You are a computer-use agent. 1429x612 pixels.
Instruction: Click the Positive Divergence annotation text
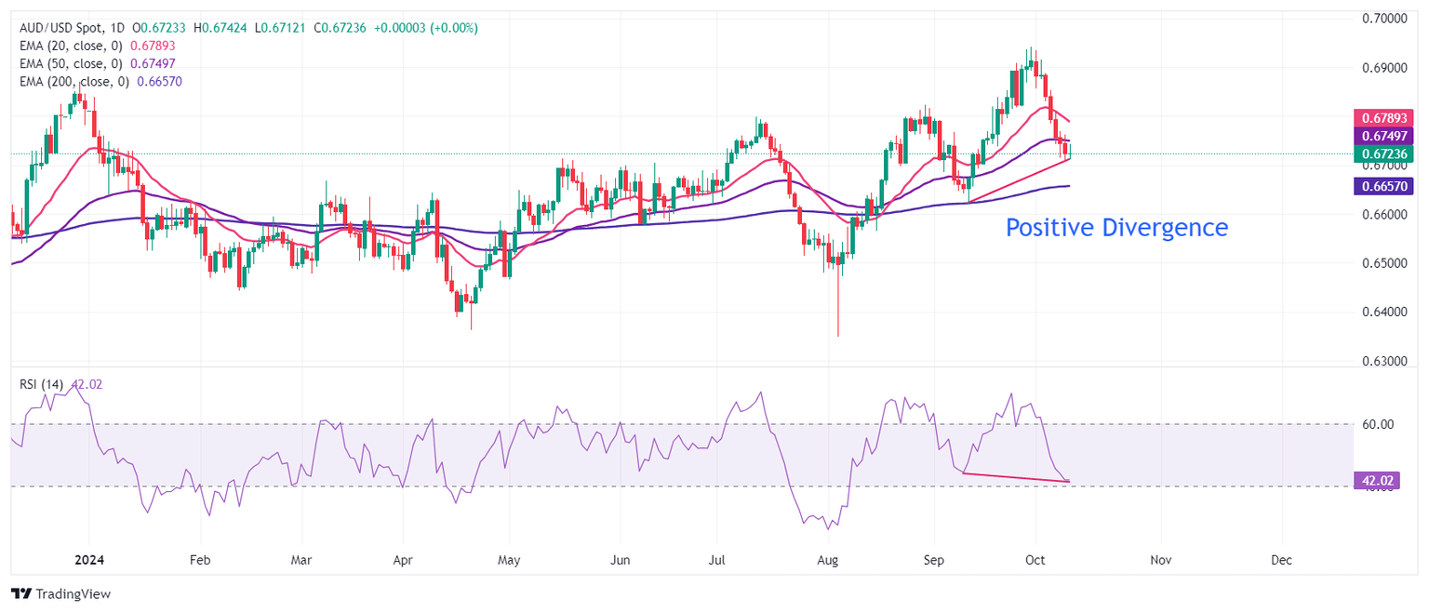point(1116,227)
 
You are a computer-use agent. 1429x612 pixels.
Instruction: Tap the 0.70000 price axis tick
point(1383,19)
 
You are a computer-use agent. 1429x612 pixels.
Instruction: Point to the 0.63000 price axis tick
point(1383,361)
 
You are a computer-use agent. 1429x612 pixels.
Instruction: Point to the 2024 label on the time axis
point(87,560)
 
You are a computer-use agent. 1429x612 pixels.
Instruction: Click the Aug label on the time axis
point(827,560)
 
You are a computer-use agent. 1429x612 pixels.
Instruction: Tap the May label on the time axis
point(510,560)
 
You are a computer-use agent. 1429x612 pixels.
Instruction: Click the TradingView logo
point(60,593)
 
